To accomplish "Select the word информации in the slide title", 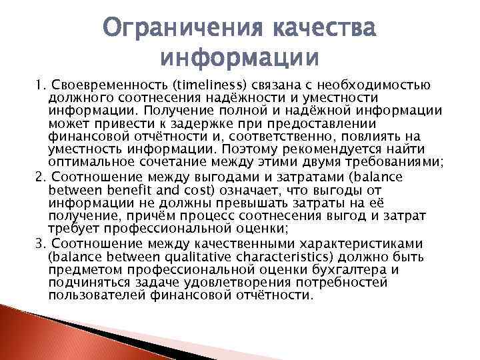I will (240, 58).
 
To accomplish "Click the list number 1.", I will (39, 85).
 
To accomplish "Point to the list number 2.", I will (39, 178).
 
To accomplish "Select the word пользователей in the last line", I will (91, 296).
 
